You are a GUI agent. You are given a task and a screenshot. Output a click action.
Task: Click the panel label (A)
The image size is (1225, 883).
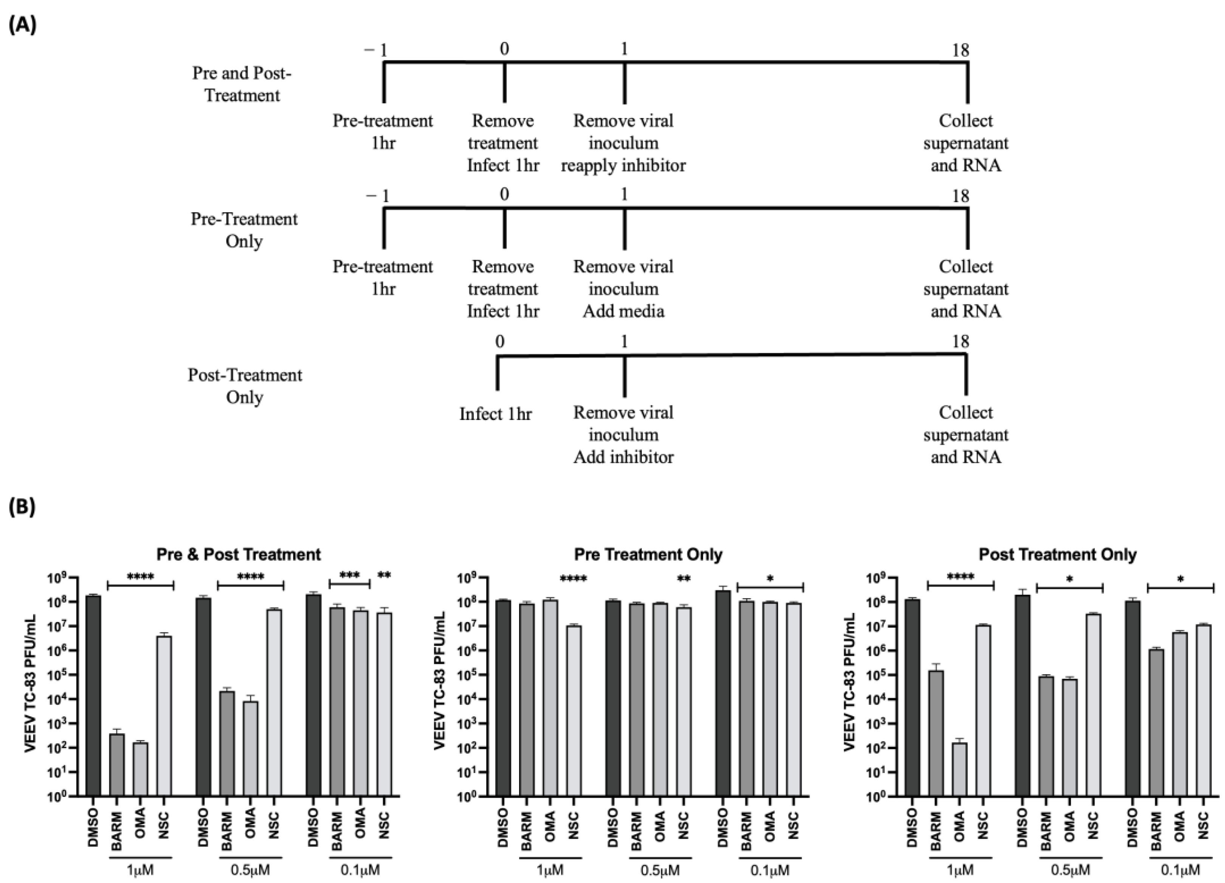pos(23,25)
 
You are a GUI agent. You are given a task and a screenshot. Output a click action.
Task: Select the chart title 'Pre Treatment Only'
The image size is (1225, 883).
pos(648,554)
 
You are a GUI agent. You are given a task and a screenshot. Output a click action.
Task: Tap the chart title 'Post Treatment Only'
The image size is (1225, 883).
pos(1058,554)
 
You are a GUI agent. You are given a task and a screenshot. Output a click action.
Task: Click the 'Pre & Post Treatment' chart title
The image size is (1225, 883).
pos(238,554)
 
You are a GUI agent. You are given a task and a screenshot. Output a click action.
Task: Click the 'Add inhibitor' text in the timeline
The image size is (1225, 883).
pos(623,457)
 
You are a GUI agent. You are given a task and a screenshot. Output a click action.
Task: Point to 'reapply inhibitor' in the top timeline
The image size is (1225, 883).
pos(623,165)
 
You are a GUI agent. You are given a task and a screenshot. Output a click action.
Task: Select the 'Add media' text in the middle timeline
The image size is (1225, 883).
pos(623,311)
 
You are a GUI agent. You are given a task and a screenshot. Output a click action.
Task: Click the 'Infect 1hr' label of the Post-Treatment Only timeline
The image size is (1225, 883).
pos(495,414)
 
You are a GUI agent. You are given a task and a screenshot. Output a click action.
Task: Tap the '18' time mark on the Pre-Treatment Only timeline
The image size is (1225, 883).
pos(960,196)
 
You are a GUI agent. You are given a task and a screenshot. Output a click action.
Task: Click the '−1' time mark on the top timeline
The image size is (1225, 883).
pos(377,50)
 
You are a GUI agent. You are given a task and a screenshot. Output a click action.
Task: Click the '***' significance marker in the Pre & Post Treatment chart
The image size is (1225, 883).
pos(349,576)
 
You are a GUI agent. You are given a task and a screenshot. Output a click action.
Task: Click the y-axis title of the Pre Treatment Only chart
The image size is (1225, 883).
pos(440,681)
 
